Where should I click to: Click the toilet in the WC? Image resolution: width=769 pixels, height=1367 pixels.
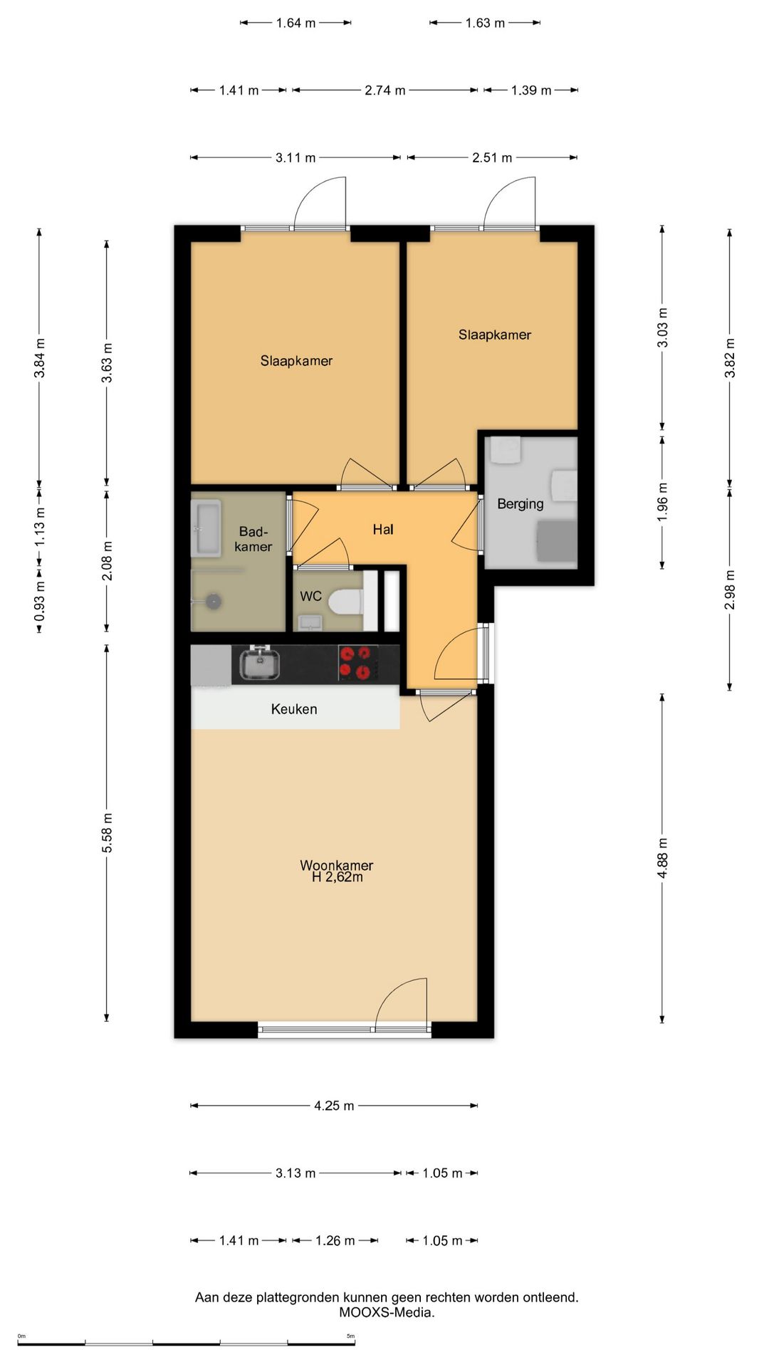coord(347,602)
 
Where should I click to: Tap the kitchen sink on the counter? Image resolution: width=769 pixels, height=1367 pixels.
coord(260,663)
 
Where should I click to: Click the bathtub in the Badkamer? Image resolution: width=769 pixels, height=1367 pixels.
coord(206,528)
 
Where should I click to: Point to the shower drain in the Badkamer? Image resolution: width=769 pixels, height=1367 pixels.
coord(213,602)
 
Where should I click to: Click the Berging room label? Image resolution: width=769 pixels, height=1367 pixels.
coord(520,504)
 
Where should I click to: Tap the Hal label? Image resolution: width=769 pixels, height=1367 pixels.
coord(383,529)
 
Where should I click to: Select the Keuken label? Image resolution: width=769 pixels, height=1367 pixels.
coord(294,709)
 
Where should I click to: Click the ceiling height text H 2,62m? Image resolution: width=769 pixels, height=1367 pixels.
coord(338,877)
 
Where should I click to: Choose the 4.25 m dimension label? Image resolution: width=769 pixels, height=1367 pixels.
coord(334,1106)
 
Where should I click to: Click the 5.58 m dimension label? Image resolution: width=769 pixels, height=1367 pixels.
coord(107,833)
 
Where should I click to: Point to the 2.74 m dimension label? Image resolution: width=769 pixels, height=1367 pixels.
coord(385,90)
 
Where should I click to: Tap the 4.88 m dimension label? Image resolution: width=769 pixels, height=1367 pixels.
coord(662,858)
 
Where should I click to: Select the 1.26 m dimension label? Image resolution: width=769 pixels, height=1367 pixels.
coord(335,1240)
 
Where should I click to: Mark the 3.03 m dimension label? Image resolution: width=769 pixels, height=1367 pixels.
coord(662,328)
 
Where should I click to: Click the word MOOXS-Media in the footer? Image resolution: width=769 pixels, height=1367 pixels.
coord(387,1312)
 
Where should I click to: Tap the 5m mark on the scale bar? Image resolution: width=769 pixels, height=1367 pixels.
coord(351,1336)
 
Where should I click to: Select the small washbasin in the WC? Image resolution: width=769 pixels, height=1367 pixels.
coord(310,623)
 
